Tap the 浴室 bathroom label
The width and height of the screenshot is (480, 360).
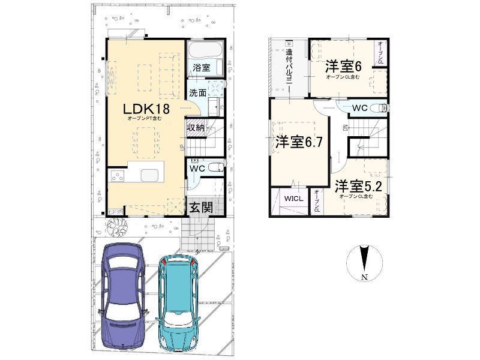point(201,68)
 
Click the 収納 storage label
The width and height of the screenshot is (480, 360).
point(196,127)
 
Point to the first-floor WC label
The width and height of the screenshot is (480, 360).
point(197,169)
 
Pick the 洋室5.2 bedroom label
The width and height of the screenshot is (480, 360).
point(358,185)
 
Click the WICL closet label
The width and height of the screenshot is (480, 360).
point(293,197)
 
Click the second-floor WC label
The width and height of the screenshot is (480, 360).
point(360,109)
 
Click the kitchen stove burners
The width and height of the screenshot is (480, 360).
point(117,176)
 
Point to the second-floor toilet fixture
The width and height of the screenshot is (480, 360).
point(380,108)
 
